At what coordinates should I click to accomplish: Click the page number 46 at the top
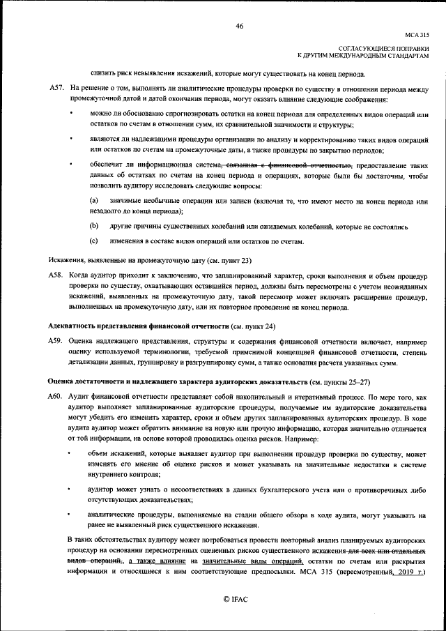239,26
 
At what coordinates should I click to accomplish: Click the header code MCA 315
417,34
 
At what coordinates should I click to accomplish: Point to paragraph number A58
56,277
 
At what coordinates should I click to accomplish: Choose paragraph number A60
56,396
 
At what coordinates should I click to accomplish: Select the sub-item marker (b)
94,227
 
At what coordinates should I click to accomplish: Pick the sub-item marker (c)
94,241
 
